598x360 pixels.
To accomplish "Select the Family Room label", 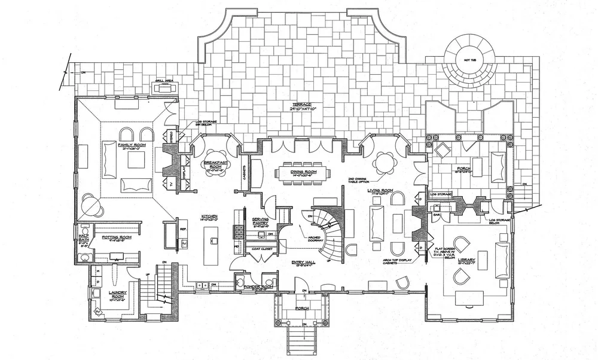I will click(132, 145).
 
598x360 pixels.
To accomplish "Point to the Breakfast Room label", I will click(213, 162).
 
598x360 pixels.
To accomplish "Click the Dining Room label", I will click(304, 172).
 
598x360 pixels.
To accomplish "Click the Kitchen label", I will click(209, 215).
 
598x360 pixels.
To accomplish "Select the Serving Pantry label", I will click(259, 221).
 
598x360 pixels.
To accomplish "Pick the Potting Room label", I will click(116, 237).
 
